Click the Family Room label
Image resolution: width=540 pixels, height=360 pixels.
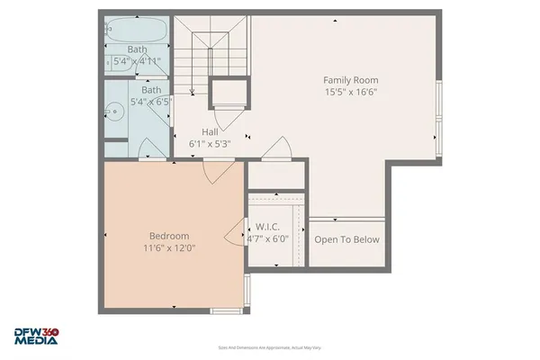coord(350,79)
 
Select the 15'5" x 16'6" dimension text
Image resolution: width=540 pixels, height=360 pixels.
coord(350,92)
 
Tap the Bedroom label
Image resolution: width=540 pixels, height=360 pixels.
coord(168,235)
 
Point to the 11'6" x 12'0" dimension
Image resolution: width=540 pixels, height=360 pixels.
coord(168,247)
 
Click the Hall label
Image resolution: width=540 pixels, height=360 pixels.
coord(210,131)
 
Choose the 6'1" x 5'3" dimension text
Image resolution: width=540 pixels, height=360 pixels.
coord(210,144)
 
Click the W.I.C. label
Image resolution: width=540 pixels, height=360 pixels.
coord(268,227)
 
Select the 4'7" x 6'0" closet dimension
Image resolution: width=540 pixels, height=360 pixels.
coord(268,239)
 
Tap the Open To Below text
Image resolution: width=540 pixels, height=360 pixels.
coord(346,240)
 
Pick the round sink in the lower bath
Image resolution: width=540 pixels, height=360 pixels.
coord(114,112)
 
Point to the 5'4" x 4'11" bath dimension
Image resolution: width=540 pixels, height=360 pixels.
coord(136,61)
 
